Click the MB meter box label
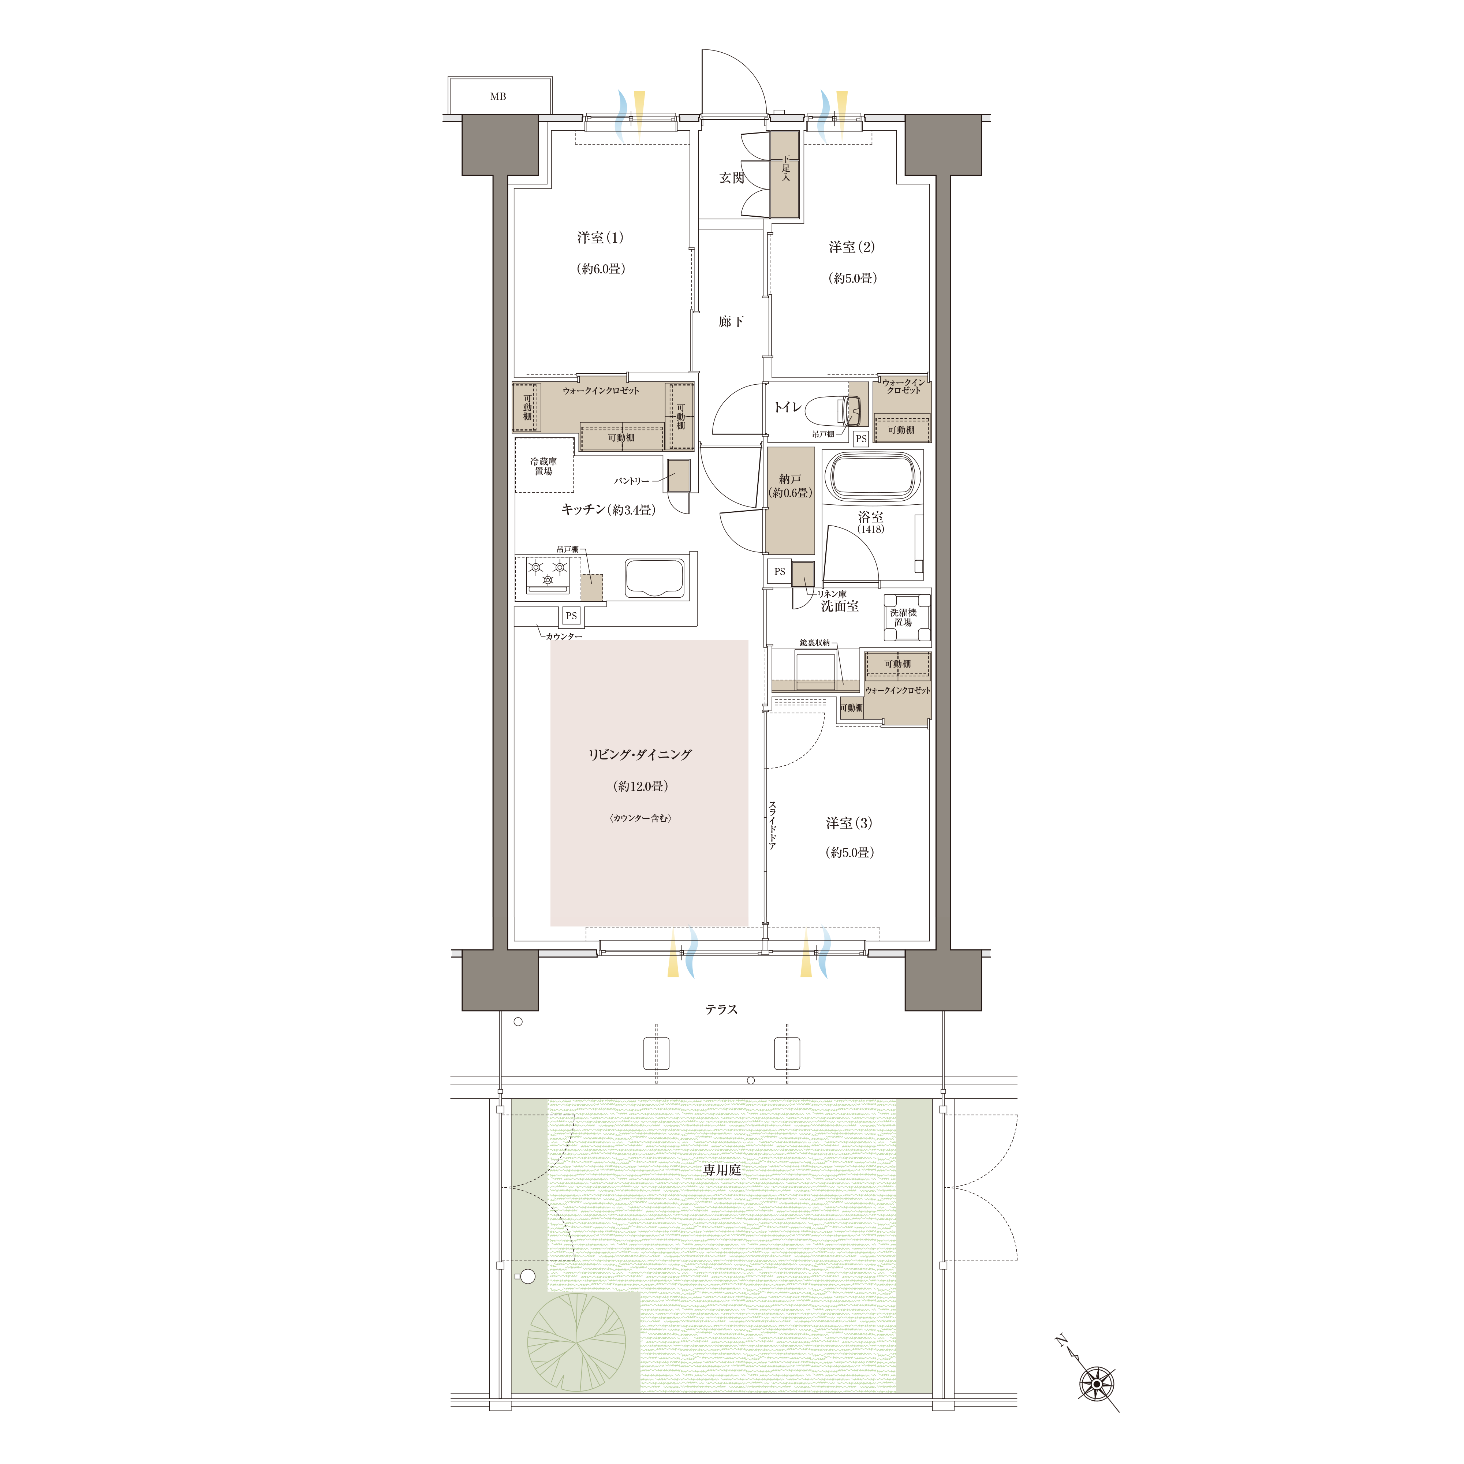coord(498,96)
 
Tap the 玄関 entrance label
coord(731,178)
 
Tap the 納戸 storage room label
coord(789,479)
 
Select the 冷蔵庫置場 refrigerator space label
coord(543,466)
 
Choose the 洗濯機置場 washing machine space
coord(906,617)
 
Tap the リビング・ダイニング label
coord(640,755)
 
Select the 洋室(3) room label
coord(849,823)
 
